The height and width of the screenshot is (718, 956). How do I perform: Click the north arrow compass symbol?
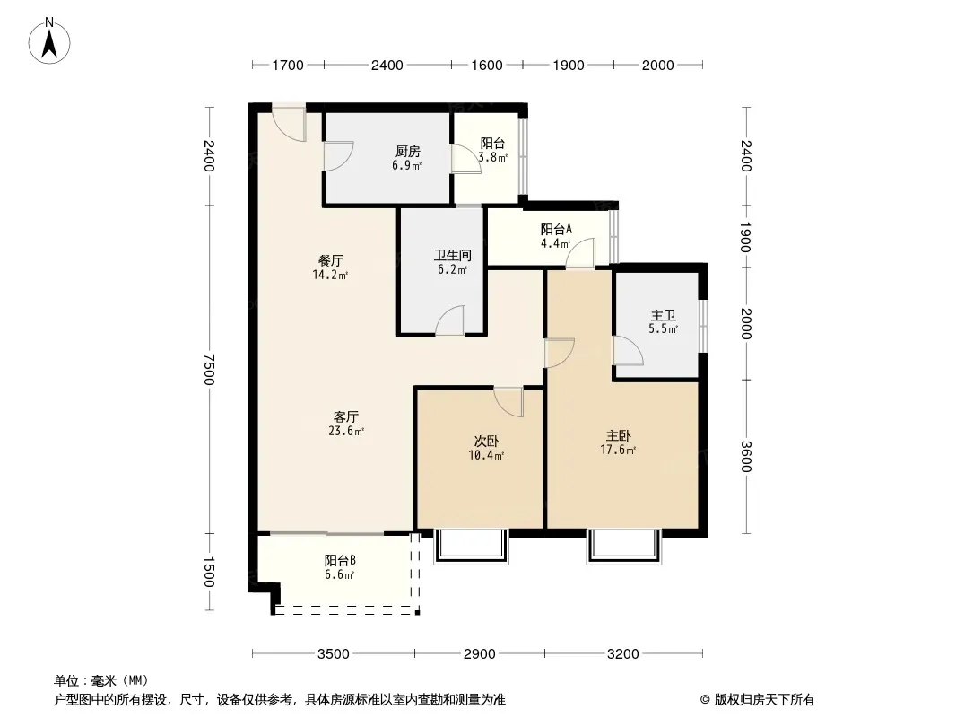[x=49, y=41]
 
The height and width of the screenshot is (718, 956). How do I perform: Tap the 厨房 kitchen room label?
[x=407, y=152]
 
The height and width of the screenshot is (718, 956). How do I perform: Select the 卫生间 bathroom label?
[x=452, y=256]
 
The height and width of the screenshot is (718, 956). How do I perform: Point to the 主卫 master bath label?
[x=664, y=315]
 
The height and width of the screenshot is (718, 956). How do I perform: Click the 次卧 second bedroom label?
[x=487, y=441]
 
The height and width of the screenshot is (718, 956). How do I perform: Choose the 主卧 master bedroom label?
[x=618, y=436]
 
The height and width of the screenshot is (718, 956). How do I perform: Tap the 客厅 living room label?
[x=345, y=417]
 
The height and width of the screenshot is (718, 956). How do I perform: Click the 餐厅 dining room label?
[x=330, y=261]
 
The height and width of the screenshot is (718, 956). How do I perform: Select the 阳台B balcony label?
[x=340, y=560]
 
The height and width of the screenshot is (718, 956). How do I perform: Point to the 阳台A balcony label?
[x=556, y=230]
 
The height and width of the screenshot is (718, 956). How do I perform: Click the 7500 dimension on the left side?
[x=209, y=370]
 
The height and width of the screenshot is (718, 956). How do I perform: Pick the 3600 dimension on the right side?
[x=746, y=456]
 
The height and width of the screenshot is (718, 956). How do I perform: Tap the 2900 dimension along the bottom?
[x=479, y=654]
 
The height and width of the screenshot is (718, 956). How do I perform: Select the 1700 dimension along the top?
[x=288, y=66]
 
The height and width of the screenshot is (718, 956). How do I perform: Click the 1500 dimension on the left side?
[x=209, y=572]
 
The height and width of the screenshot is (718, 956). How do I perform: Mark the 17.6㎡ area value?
[x=618, y=451]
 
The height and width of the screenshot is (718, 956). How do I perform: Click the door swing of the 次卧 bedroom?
[x=509, y=402]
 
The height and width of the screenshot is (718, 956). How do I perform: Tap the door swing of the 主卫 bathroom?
[x=628, y=350]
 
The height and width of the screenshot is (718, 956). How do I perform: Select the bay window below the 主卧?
[x=623, y=547]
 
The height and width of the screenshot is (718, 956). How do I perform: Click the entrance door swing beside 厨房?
[x=289, y=124]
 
